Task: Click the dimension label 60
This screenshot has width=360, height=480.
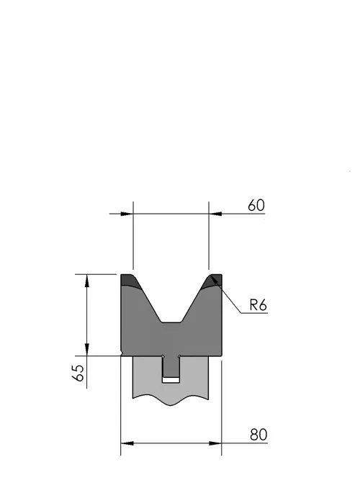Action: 256,205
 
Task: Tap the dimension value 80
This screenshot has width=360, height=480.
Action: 258,435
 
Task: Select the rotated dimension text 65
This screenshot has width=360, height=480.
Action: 79,373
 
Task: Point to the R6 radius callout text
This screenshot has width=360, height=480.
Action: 258,305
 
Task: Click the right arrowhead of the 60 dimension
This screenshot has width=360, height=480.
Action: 215,214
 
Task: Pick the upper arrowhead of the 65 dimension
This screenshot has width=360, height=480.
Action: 87,281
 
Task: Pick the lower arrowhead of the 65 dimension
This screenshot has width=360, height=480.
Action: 87,350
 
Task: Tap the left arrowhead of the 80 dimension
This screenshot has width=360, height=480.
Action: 127,443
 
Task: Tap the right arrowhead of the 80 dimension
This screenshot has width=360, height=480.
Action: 215,443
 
